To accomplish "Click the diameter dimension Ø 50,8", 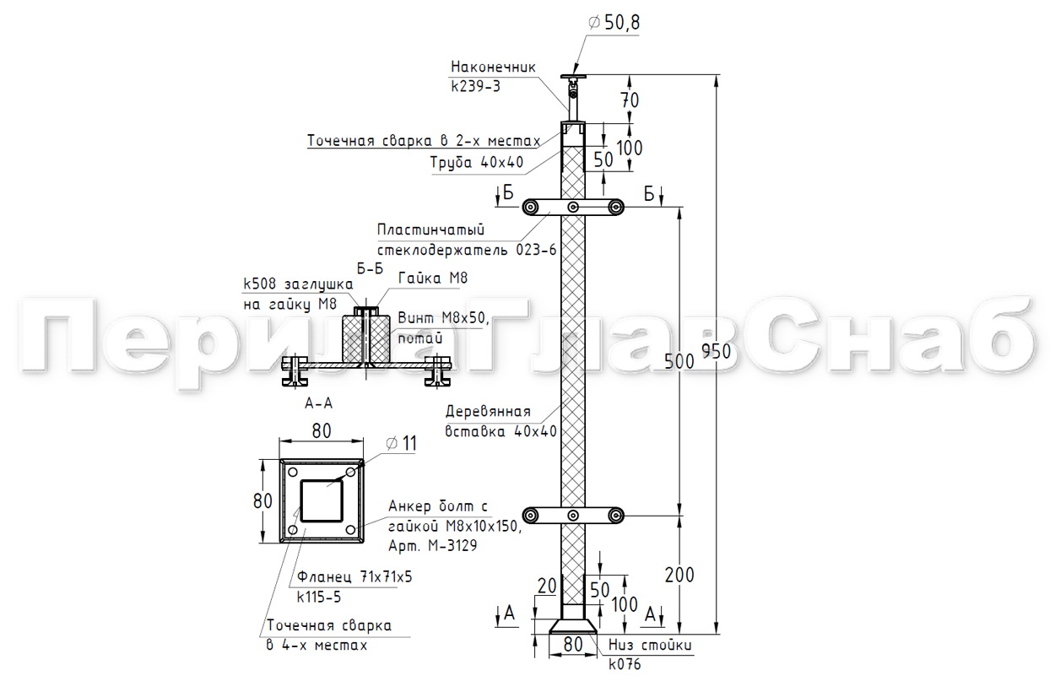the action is [x=614, y=23].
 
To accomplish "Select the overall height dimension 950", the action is [x=716, y=351].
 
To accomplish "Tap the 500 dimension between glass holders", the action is [x=679, y=361].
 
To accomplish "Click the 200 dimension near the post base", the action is [x=679, y=576].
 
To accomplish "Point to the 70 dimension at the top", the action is [x=630, y=100].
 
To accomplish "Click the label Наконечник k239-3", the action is [x=493, y=76].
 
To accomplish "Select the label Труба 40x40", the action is [x=477, y=162].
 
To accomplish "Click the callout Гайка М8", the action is [x=433, y=278].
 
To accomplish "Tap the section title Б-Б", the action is [x=370, y=269].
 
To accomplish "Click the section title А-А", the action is [x=319, y=403].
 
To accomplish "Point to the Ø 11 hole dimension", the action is [x=401, y=444].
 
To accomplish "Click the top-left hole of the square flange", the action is [x=293, y=472].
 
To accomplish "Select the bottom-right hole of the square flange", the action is [x=350, y=530].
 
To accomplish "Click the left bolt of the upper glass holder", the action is [x=531, y=207].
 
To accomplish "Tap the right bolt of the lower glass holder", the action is [x=615, y=516].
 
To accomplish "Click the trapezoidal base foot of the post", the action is [x=573, y=626].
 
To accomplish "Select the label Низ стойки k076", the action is [x=650, y=654].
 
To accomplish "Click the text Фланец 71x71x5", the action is [x=354, y=576].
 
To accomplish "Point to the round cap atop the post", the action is [x=573, y=76].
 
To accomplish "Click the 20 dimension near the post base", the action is [x=547, y=586].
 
